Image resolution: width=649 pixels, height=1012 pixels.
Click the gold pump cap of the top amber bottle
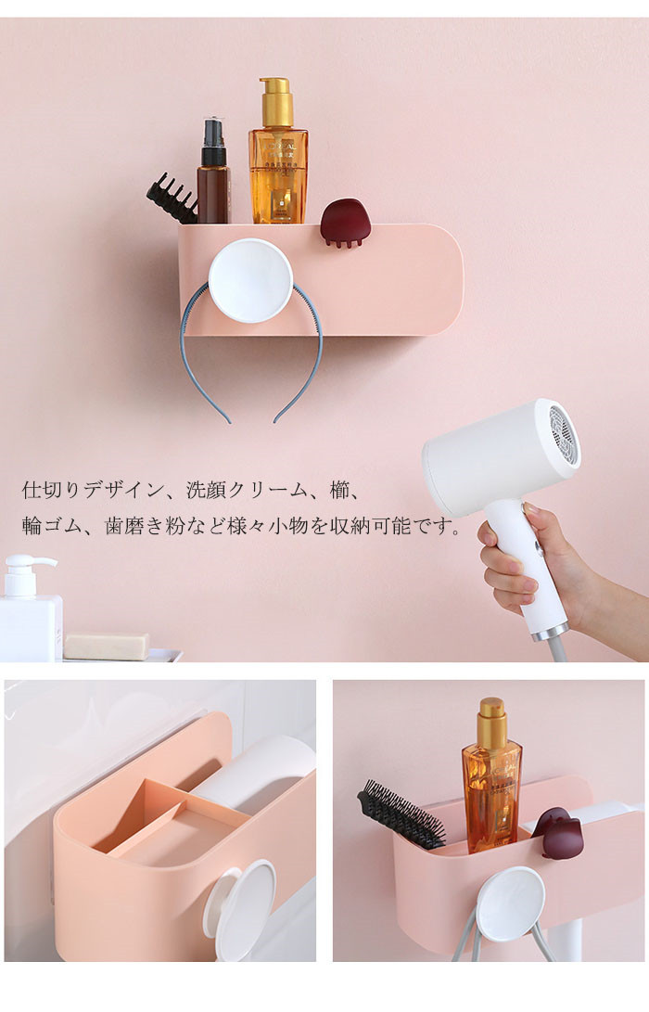point(277,102)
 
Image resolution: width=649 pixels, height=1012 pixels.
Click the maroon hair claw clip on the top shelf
point(346,223)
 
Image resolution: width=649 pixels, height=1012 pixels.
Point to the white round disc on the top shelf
point(250,281)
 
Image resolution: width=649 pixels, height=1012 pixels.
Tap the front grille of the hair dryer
point(561,432)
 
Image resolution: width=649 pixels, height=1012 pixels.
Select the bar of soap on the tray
point(107,646)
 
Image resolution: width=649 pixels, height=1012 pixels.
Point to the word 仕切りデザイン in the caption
point(93,490)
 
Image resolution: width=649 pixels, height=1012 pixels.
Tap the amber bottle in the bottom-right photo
point(491,776)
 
